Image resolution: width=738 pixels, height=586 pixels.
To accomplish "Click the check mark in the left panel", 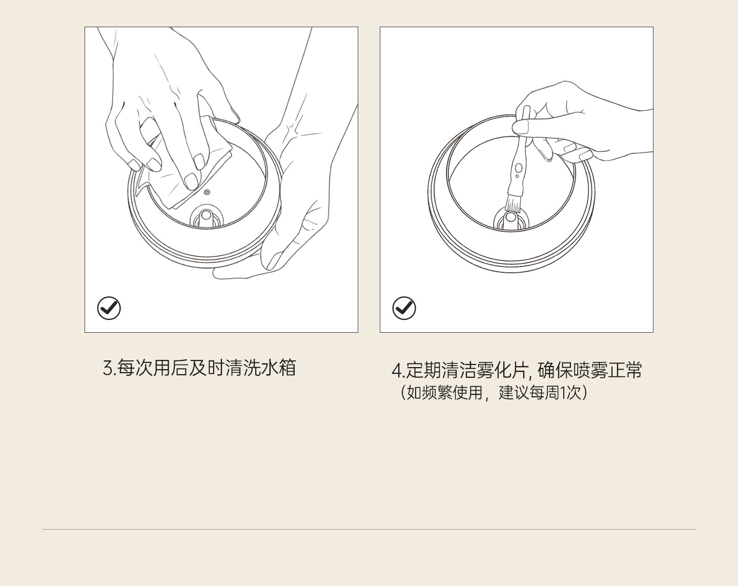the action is (x=109, y=308).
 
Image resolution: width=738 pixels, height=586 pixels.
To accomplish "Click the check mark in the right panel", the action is (x=404, y=308).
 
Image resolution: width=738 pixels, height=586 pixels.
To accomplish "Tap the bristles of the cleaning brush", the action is (x=513, y=204).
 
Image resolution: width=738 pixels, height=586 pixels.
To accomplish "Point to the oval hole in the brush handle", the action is (x=519, y=168).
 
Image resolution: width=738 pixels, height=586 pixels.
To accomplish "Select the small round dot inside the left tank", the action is (x=207, y=192).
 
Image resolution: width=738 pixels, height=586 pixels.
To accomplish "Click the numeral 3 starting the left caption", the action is (x=108, y=368).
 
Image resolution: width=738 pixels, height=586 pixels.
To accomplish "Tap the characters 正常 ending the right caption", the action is (x=624, y=370).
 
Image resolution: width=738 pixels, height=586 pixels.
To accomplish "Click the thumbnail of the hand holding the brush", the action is (x=520, y=127).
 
